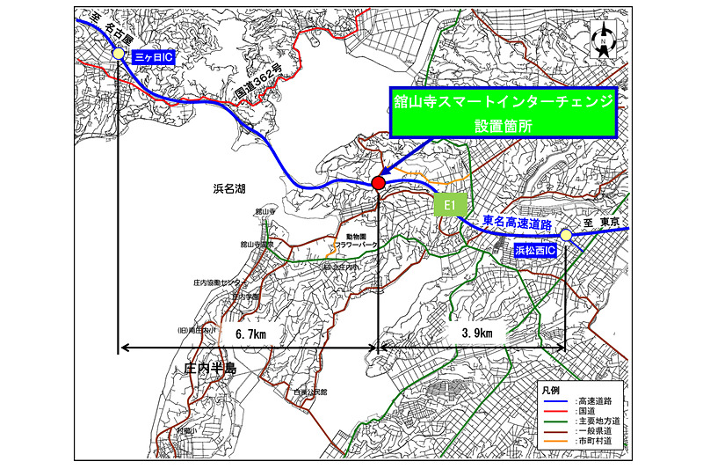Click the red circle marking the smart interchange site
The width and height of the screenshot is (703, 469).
tap(378, 182)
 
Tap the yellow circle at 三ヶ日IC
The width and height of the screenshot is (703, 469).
tap(118, 54)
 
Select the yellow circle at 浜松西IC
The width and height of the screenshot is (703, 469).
tap(566, 235)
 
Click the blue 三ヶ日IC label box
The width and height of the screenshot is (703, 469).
tap(154, 55)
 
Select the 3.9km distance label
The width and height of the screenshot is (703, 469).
tap(473, 333)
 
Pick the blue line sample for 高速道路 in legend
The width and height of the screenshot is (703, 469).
tap(554, 401)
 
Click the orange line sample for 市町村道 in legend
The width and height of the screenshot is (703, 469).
tap(554, 445)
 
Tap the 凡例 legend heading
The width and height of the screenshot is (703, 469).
tap(549, 388)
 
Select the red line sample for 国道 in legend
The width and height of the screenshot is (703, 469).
tap(554, 412)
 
